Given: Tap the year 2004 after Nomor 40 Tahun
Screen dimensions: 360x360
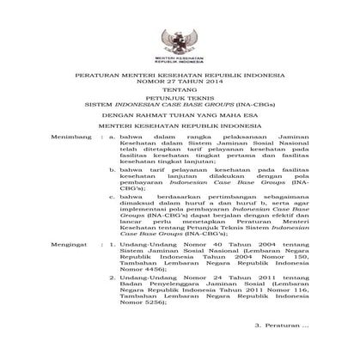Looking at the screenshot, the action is click(244, 247).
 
